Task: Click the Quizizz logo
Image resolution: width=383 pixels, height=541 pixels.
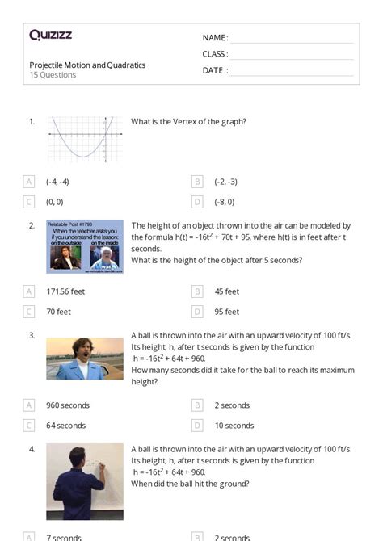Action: pyautogui.click(x=51, y=35)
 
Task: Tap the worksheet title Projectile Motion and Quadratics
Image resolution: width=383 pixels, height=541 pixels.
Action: pyautogui.click(x=87, y=65)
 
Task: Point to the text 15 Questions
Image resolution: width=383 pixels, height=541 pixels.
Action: pyautogui.click(x=53, y=75)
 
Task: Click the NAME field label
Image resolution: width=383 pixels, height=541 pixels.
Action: pyautogui.click(x=214, y=38)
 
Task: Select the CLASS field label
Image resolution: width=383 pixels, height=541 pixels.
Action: pyautogui.click(x=215, y=54)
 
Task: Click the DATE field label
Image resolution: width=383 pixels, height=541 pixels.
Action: pyautogui.click(x=214, y=70)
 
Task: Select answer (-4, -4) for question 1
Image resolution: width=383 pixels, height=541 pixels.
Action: pyautogui.click(x=57, y=182)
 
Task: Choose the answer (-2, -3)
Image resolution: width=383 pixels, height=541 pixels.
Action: pyautogui.click(x=225, y=182)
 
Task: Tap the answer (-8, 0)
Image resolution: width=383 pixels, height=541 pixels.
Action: pyautogui.click(x=224, y=202)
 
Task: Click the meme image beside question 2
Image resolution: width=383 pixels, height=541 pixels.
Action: pyautogui.click(x=85, y=246)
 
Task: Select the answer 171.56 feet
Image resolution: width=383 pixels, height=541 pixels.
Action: pyautogui.click(x=65, y=291)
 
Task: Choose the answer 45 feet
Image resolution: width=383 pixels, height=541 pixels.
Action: pyautogui.click(x=226, y=291)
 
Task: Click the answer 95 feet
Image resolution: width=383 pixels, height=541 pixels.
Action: pyautogui.click(x=226, y=312)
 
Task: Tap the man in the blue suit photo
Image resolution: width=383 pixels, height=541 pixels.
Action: pyautogui.click(x=85, y=358)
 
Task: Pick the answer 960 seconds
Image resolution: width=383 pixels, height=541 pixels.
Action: pyautogui.click(x=68, y=405)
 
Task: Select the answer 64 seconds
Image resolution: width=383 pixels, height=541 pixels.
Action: pyautogui.click(x=65, y=426)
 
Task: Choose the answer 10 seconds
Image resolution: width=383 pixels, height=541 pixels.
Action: pyautogui.click(x=234, y=426)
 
